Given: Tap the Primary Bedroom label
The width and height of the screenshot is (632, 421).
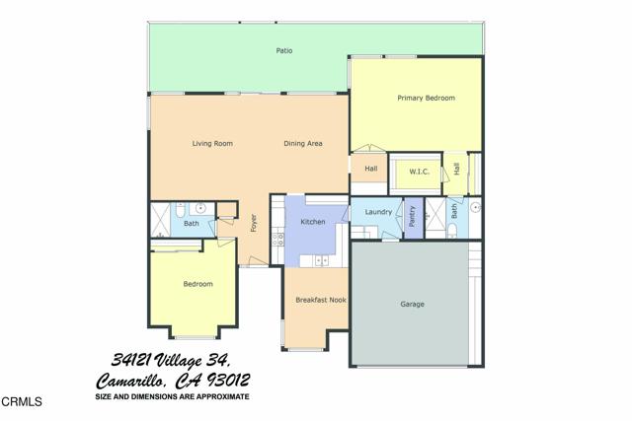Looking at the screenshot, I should pos(426,98).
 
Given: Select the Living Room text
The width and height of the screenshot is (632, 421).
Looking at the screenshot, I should pos(212,144).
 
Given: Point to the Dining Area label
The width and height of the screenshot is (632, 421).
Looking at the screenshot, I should pos(303,144).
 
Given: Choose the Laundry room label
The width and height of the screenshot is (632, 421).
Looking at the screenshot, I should pos(378,212).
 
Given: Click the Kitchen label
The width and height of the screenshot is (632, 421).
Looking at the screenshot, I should pos(313,222).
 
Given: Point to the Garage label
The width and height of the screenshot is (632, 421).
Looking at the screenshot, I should pos(413,304).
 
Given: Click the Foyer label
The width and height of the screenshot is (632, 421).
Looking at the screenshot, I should pos(253,224).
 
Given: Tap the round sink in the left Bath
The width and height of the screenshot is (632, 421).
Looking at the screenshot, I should pos(200,209).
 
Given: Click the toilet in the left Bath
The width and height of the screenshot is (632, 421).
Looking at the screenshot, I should pos(180,210).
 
